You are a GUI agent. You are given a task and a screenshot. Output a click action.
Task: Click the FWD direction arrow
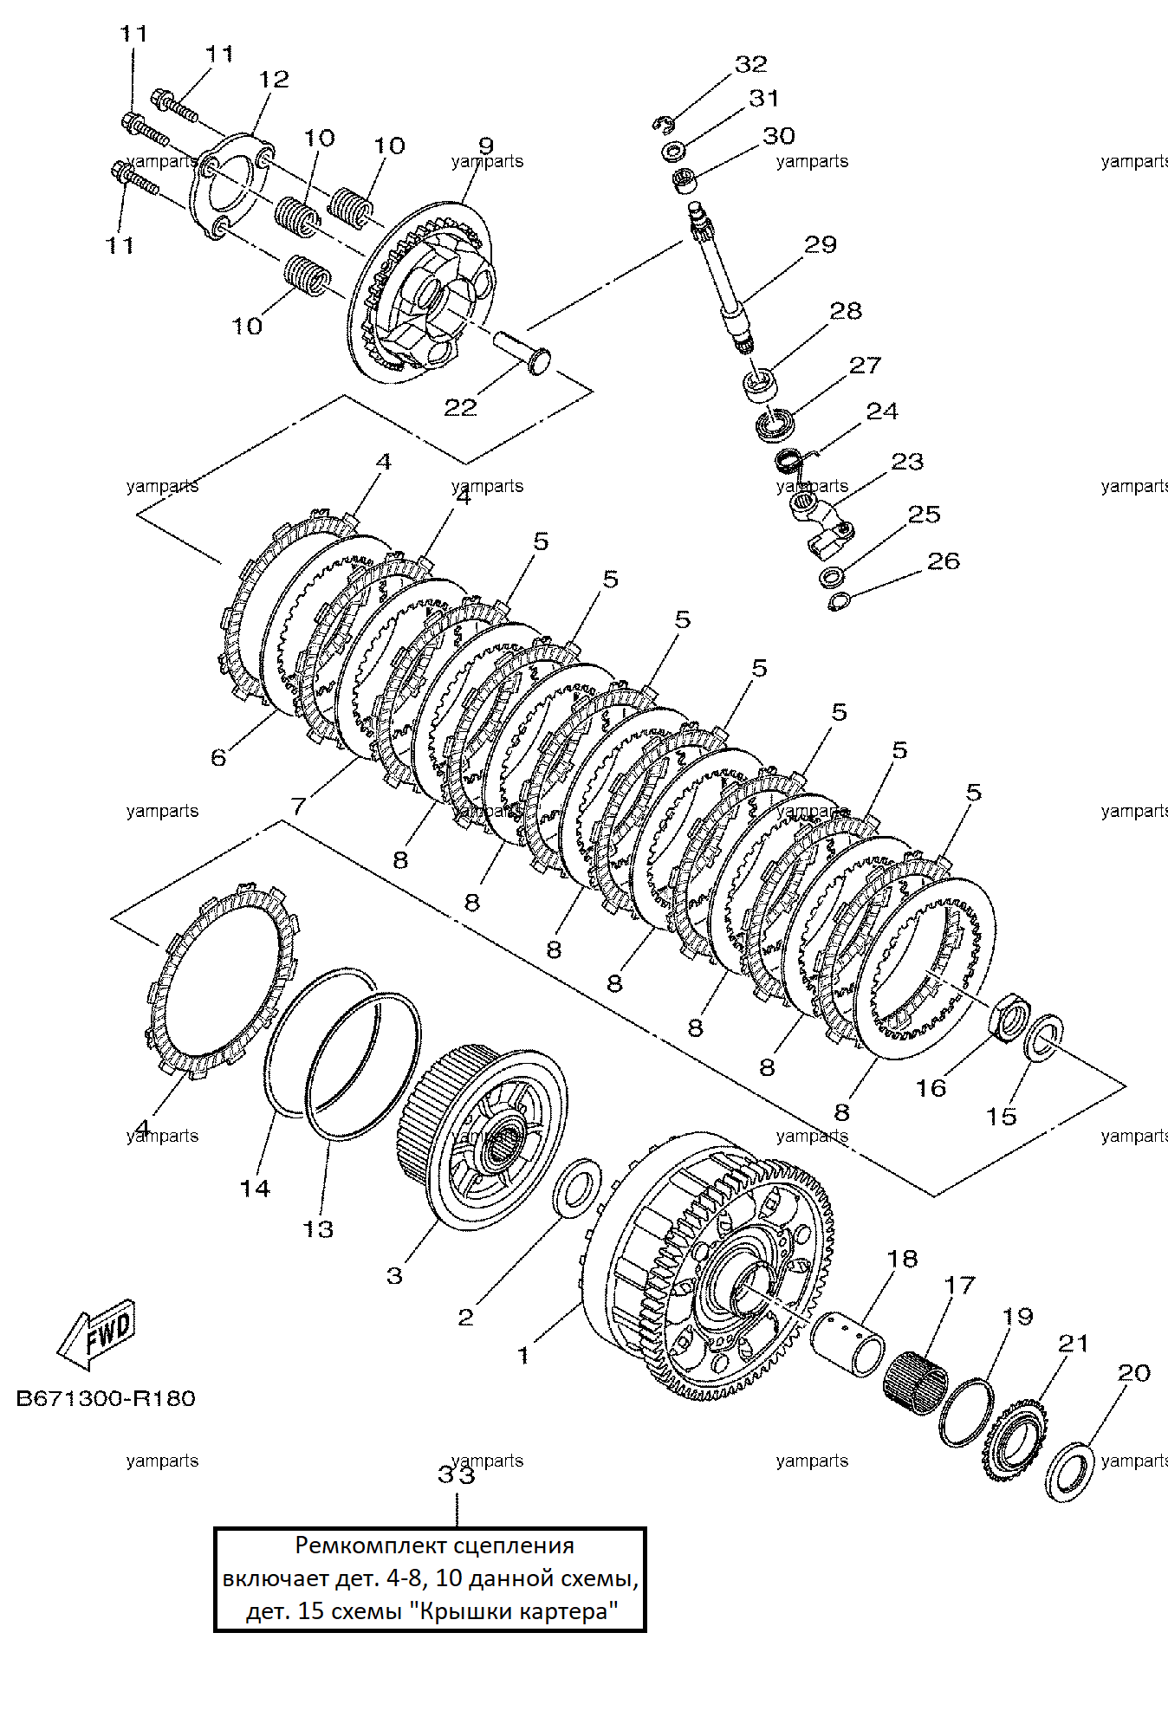pos(96,1334)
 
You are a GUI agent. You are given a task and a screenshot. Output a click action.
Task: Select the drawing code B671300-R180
pos(106,1398)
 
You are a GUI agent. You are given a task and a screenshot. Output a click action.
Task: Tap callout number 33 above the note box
pos(457,1474)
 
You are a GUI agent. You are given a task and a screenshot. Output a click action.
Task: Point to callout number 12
pos(274,79)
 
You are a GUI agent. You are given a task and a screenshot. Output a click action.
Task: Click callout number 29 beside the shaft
pos(821,244)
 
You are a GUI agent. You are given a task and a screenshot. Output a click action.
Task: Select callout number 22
pos(460,407)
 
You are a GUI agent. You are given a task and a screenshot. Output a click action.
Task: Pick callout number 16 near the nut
pos(931,1088)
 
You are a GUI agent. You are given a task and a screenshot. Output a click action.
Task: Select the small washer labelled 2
pos(577,1187)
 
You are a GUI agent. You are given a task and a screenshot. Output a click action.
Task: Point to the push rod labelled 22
pos(522,353)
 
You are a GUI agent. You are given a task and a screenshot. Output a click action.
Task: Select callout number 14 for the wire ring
pos(255,1189)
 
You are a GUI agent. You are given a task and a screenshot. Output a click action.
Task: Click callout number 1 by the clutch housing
pos(523,1355)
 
